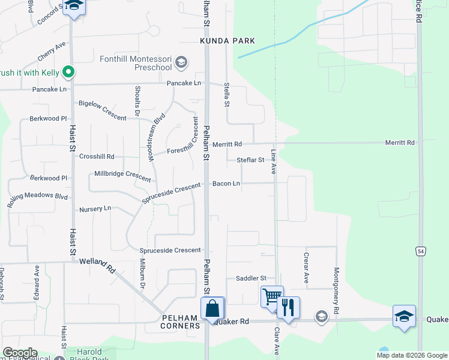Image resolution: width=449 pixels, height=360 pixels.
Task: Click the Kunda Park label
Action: (x=228, y=41)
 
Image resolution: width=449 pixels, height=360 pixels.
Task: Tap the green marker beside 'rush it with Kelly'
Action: (x=68, y=73)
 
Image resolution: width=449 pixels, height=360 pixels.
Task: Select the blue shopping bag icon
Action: (x=212, y=308)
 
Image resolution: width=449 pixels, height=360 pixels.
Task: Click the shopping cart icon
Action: (x=271, y=296)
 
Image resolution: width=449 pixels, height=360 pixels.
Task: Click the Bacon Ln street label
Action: (x=226, y=183)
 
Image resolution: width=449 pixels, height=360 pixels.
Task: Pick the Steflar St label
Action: (x=250, y=160)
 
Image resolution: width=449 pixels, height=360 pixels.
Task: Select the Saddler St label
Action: (x=251, y=278)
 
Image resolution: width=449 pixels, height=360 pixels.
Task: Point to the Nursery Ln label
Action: (x=95, y=209)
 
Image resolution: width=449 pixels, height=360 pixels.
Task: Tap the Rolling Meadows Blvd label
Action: (x=37, y=200)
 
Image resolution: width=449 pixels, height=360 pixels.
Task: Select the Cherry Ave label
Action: (x=51, y=52)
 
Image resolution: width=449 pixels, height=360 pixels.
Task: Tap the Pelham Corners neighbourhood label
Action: (x=181, y=322)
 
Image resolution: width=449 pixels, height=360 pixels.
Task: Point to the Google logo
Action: (x=19, y=353)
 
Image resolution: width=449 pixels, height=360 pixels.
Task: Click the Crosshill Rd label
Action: (x=97, y=156)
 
